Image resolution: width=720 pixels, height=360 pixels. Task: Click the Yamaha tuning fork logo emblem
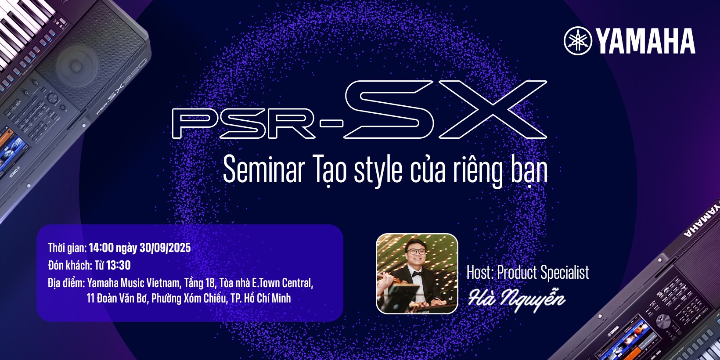578,41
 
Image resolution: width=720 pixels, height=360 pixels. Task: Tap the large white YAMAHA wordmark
645,41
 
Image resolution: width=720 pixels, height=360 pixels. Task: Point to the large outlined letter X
492,109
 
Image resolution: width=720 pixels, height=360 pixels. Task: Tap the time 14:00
101,248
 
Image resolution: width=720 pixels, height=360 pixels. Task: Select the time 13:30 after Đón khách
118,265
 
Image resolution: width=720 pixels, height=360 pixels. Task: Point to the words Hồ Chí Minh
267,298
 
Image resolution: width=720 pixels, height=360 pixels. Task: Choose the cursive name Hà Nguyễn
517,299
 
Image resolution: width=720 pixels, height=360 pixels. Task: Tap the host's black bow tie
417,274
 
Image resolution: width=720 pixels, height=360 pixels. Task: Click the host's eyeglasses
416,252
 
